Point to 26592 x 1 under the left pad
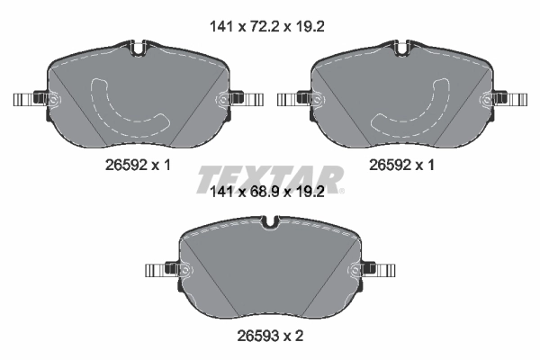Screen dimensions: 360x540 pos(137,166)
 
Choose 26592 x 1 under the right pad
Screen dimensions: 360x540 pos(401,166)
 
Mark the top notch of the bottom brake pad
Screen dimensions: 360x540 pos(270,221)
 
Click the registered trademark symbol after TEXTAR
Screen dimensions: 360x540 pos(342,192)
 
